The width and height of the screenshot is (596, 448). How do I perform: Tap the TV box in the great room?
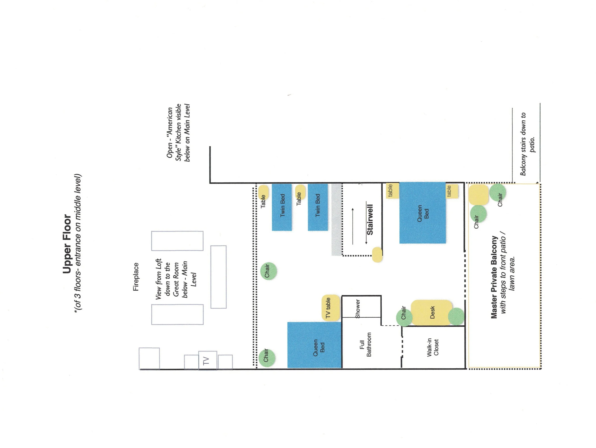click(207, 360)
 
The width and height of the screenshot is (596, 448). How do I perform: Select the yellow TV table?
click(330, 308)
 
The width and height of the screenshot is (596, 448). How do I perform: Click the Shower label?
click(358, 309)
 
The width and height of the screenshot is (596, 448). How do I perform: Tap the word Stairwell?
click(370, 220)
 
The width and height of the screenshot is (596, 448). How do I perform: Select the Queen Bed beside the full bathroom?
click(314, 345)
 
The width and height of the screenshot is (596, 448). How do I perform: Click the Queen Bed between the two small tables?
click(422, 213)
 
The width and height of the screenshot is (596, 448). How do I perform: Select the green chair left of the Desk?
click(404, 317)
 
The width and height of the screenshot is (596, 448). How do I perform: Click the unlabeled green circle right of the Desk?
click(456, 317)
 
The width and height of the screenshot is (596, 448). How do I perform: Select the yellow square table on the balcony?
click(478, 195)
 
